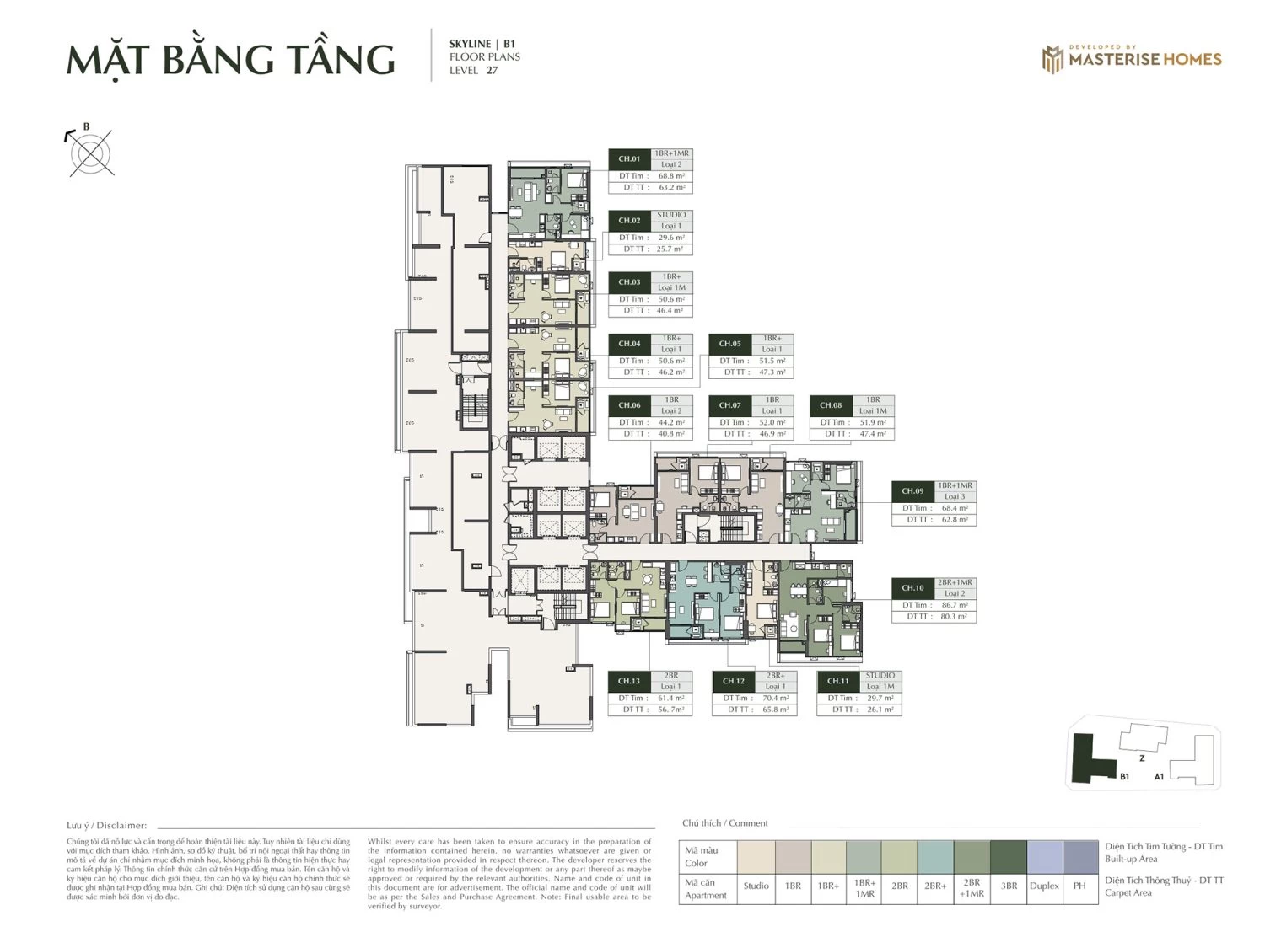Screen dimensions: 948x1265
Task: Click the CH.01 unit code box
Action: tap(629, 159)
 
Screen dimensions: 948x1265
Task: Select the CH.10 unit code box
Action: tap(912, 588)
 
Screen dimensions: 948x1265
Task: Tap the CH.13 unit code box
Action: tap(629, 681)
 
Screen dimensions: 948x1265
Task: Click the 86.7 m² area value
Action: tap(954, 605)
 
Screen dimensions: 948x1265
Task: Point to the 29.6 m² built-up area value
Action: tap(670, 238)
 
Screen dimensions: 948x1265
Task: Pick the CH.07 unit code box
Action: tap(729, 405)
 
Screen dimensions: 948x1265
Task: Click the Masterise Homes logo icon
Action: tap(1052, 59)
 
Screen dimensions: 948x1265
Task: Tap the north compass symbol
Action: tap(91, 153)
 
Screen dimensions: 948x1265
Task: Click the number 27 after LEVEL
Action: tap(492, 70)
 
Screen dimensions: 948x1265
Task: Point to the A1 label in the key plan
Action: tap(1159, 777)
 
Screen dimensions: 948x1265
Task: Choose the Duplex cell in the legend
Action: tap(1044, 886)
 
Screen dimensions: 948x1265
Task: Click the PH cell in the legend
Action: tap(1079, 886)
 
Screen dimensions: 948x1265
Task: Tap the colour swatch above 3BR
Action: tap(1009, 857)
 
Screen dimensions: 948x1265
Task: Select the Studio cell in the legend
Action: tap(756, 886)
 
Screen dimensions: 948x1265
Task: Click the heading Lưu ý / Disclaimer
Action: tap(106, 826)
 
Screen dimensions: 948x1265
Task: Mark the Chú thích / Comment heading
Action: tap(725, 823)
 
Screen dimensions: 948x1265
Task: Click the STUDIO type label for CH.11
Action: tap(880, 676)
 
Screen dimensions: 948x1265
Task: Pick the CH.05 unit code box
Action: tap(729, 344)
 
